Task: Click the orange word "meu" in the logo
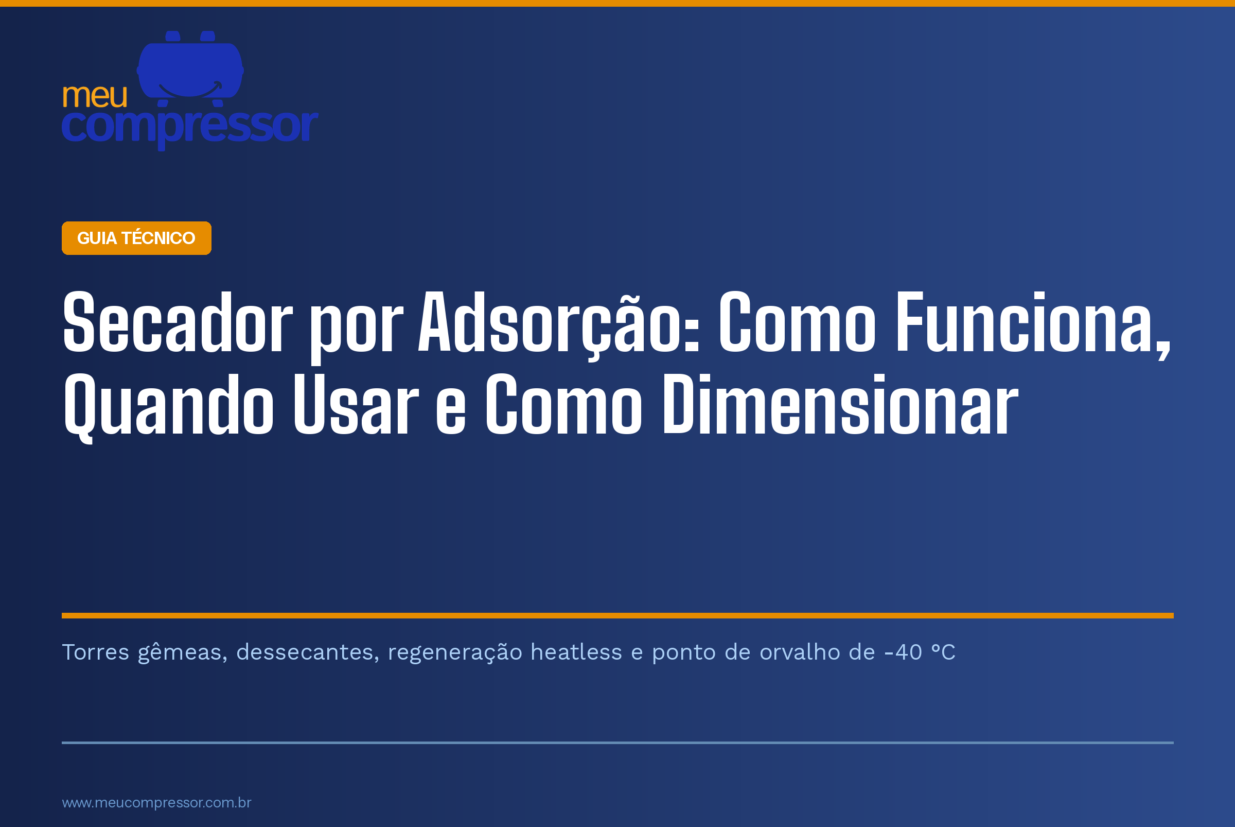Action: coord(95,96)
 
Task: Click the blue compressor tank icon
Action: coord(190,68)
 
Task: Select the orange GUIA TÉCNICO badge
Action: coord(136,238)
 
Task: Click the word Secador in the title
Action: coord(177,321)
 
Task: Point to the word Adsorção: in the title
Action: coord(559,325)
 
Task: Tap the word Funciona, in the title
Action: coord(1033,325)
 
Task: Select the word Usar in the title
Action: coord(356,405)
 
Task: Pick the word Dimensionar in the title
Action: coord(841,405)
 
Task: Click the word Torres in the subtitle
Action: coord(95,652)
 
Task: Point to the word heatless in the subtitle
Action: coord(576,652)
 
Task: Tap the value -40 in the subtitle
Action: coord(903,652)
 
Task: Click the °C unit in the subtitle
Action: coord(944,652)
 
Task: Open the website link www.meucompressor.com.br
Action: coord(156,803)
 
